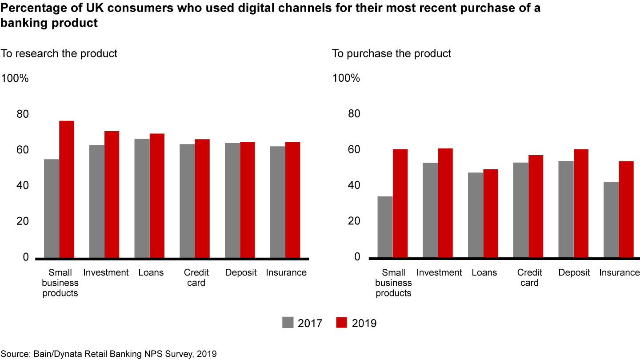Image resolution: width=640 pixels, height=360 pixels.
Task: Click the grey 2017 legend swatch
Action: [x=288, y=323]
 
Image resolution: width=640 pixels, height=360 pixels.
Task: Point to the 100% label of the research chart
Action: [x=15, y=79]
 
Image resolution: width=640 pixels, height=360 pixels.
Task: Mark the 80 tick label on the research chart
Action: [x=22, y=114]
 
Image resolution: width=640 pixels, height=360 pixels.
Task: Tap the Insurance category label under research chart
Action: [x=286, y=272]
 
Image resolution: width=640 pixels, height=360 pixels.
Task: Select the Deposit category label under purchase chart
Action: [x=574, y=272]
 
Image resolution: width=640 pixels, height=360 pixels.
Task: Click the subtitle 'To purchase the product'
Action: [x=392, y=54]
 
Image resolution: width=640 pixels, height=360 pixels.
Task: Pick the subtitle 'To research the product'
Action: [x=59, y=54]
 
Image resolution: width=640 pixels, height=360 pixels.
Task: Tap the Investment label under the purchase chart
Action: [x=439, y=272]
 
